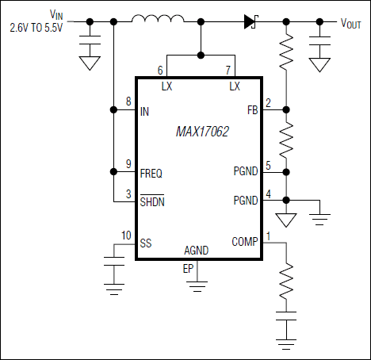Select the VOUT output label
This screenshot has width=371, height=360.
[x=351, y=23]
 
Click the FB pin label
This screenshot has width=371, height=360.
[x=252, y=111]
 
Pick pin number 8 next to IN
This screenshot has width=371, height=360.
[x=128, y=102]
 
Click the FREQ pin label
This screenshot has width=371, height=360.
[x=151, y=172]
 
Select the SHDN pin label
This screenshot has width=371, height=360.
[x=152, y=201]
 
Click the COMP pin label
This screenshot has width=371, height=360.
[x=245, y=242]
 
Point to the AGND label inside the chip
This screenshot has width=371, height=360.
[x=196, y=250]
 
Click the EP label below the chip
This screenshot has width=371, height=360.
[x=188, y=269]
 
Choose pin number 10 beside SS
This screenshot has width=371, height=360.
[x=126, y=234]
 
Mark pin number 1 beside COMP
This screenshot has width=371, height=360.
[x=268, y=235]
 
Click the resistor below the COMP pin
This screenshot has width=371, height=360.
[x=285, y=281]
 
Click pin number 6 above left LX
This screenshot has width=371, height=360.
[x=160, y=71]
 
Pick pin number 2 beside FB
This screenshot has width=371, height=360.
[x=268, y=102]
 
